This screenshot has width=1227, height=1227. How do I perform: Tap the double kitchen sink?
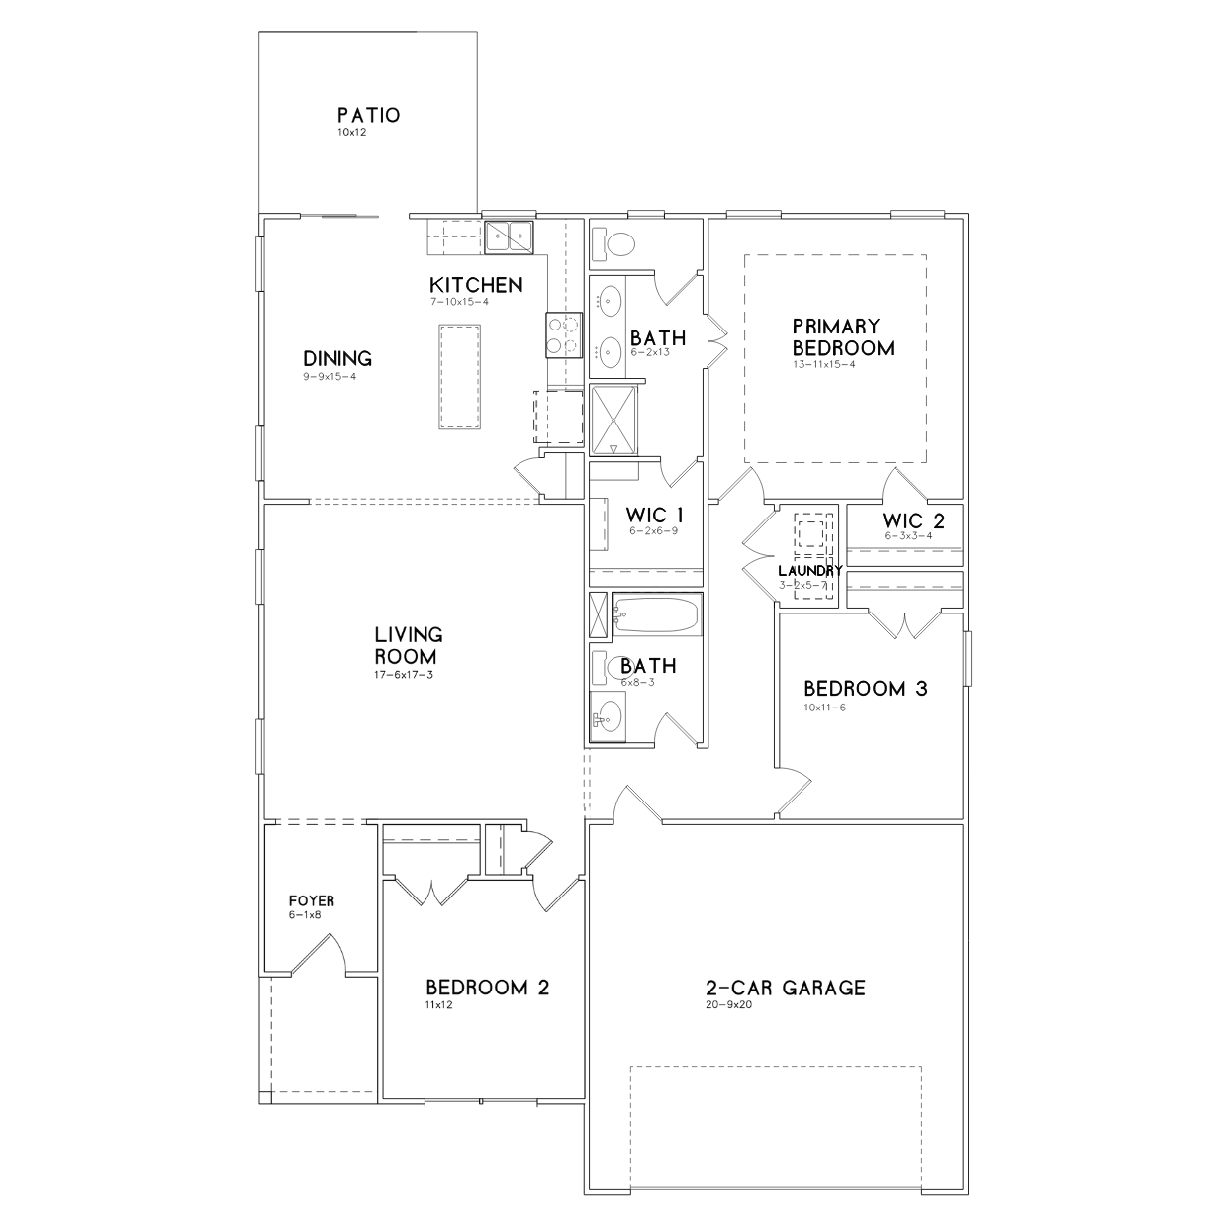(x=509, y=237)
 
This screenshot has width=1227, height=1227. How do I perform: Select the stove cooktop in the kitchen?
(x=563, y=334)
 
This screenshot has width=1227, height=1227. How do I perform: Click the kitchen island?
(x=459, y=377)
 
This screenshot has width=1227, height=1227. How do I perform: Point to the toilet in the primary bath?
(x=613, y=243)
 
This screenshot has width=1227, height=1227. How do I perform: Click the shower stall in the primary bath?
(x=613, y=421)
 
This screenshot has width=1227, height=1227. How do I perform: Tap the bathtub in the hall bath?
(x=657, y=613)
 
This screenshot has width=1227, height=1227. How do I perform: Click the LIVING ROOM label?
(x=408, y=645)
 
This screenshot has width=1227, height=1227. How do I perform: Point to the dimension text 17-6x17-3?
(x=404, y=675)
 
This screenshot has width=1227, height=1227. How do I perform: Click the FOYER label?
(x=312, y=901)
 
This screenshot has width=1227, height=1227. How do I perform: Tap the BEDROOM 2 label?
(x=487, y=988)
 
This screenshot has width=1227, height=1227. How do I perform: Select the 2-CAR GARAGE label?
(x=785, y=988)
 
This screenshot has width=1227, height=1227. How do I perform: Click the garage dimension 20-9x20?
(x=728, y=1004)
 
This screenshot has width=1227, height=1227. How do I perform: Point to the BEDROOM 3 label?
(x=865, y=689)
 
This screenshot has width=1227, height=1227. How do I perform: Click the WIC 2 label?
(x=913, y=520)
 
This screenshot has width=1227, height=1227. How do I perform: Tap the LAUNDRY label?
(x=810, y=571)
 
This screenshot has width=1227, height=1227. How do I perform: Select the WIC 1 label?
(x=654, y=515)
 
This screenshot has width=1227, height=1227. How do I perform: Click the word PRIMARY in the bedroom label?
(x=835, y=327)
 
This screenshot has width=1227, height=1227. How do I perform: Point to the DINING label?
(x=337, y=358)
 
